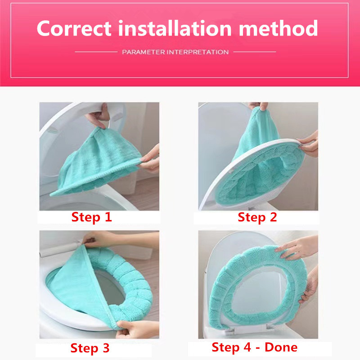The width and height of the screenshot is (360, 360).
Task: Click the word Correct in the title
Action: pyautogui.click(x=74, y=28)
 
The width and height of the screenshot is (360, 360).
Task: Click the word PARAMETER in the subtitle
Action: pyautogui.click(x=144, y=52)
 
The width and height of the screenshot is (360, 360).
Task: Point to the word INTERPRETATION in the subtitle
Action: pyautogui.click(x=198, y=52)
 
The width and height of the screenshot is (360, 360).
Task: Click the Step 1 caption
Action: pyautogui.click(x=92, y=217)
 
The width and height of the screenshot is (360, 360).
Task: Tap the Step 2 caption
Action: pyautogui.click(x=257, y=217)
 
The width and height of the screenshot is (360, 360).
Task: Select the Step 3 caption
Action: pyautogui.click(x=90, y=348)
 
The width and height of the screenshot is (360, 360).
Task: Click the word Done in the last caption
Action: pyautogui.click(x=281, y=347)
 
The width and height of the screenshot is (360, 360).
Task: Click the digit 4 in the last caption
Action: pyautogui.click(x=247, y=347)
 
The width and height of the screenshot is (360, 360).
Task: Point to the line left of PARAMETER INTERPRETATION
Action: pyautogui.click(x=96, y=52)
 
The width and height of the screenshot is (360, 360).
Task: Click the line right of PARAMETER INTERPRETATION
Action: pyautogui.click(x=255, y=52)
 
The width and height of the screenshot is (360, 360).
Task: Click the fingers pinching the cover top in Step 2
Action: pyautogui.click(x=259, y=106)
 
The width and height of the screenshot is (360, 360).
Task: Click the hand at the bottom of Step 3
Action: pyautogui.click(x=137, y=329)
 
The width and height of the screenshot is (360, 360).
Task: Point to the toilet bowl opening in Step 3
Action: pyautogui.click(x=110, y=289)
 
